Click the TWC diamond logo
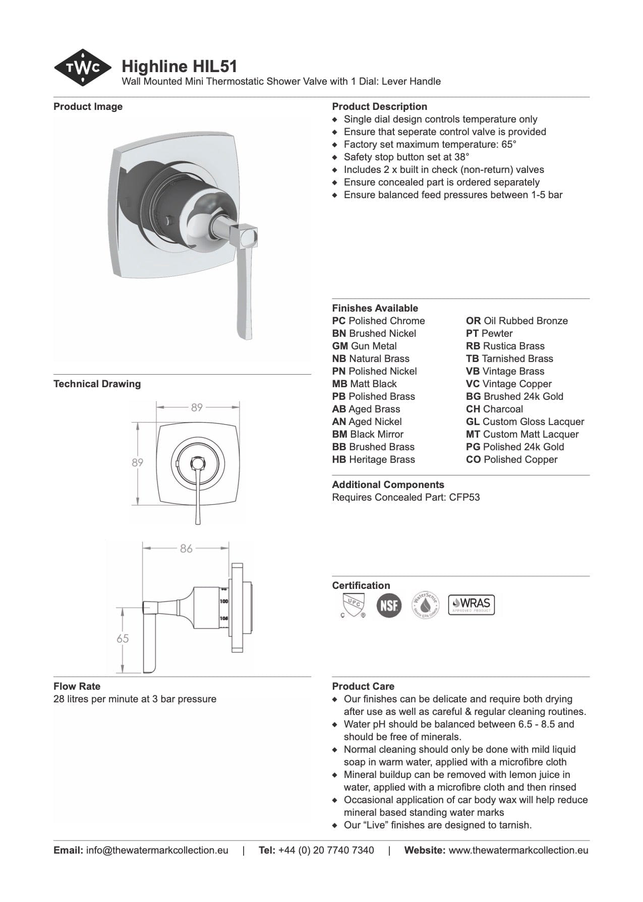coord(82,68)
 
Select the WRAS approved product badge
coord(472,604)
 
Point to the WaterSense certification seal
coord(425,605)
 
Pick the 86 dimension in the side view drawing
coord(186,548)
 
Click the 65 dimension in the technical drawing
coord(123,638)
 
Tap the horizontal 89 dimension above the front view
coord(197,407)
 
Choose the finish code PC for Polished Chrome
coord(338,321)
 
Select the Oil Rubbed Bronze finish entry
coord(517,321)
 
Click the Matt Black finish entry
coord(365,384)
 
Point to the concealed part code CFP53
coord(464,497)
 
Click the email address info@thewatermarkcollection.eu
coord(157,850)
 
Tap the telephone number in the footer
coord(326,850)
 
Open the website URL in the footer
coord(518,850)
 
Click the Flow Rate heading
coord(77,686)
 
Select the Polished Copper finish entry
coord(512,459)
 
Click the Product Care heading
coord(363,686)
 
